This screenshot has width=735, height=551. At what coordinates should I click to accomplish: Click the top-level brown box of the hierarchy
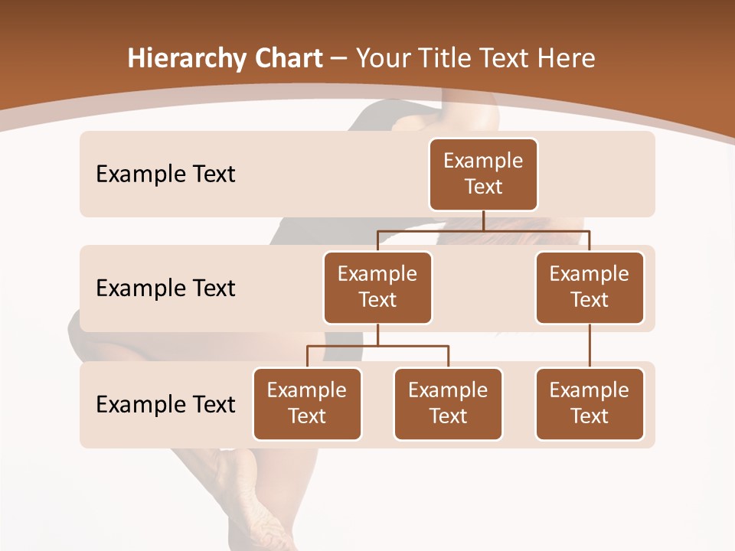point(483,174)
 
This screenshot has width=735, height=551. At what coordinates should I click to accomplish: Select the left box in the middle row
point(377,288)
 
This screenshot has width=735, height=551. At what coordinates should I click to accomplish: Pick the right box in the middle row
point(590,288)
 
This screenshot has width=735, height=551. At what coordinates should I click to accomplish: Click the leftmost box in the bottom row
point(307,404)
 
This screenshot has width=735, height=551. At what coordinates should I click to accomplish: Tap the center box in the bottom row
point(448,404)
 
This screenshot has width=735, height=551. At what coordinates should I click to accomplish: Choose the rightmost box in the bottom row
point(590,404)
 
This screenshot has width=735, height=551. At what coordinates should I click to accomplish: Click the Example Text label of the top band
point(165,174)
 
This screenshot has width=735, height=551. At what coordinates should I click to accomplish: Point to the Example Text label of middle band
point(165,289)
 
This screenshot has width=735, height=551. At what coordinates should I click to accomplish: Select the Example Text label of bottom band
point(165,405)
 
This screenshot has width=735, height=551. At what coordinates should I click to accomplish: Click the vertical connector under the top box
point(483,220)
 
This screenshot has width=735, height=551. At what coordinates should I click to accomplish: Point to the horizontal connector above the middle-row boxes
point(483,231)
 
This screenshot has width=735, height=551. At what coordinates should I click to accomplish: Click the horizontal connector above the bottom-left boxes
point(377,346)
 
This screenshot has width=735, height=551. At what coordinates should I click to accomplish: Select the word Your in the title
point(381,59)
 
